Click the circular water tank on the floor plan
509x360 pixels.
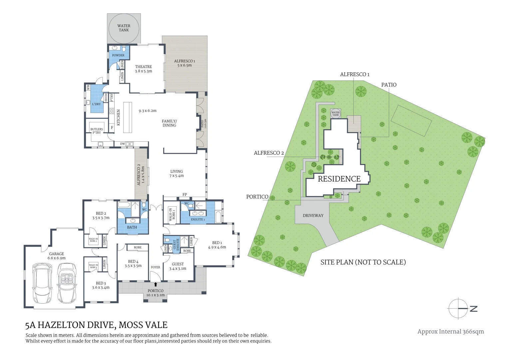(124, 28)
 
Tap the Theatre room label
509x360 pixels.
(144, 69)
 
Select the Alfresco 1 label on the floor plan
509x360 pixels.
(185, 63)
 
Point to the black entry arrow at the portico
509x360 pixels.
(156, 284)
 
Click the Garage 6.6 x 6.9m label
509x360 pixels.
(57, 256)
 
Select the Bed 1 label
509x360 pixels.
(217, 245)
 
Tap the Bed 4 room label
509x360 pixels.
(133, 264)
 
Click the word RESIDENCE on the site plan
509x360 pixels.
(339, 179)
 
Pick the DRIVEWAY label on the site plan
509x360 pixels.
(313, 216)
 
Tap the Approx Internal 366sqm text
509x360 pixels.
(450, 331)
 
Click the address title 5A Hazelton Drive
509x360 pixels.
(96, 325)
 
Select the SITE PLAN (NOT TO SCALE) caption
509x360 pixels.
(363, 262)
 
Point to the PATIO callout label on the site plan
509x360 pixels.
(389, 85)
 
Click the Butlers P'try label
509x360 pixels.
(97, 131)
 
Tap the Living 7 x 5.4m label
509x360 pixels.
(177, 173)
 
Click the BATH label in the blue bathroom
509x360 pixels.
(132, 227)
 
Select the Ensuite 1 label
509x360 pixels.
(198, 219)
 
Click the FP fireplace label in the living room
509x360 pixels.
(185, 195)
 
